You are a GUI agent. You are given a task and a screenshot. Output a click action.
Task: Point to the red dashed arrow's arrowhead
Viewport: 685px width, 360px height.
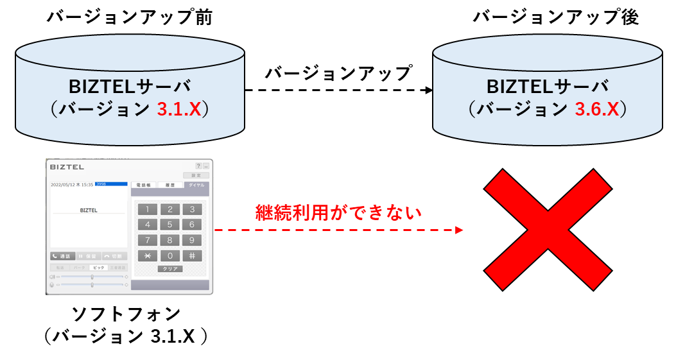point(459,230)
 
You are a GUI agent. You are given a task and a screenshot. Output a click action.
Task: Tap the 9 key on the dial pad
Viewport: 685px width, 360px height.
point(192,240)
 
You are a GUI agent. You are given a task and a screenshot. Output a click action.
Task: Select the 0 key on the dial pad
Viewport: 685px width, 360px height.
point(169,255)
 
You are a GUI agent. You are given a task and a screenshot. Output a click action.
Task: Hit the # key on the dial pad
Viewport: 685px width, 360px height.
point(192,255)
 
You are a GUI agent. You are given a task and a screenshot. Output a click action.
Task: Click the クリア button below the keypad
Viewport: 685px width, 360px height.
point(169,269)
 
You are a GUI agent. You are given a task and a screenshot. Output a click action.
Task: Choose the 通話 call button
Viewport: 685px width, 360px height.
point(62,256)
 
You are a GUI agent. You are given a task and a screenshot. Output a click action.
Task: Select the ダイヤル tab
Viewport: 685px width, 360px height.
point(196,185)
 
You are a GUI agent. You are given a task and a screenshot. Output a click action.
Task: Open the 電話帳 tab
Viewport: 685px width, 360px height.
point(143,185)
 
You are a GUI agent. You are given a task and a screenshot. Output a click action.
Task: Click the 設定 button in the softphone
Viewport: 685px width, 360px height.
point(196,175)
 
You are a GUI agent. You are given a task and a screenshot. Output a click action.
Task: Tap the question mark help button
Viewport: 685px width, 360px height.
point(198,166)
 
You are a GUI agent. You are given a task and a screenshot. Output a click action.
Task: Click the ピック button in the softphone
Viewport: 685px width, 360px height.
point(98,267)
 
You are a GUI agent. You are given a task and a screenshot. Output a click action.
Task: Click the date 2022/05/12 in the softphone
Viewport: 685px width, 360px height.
point(63,184)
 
